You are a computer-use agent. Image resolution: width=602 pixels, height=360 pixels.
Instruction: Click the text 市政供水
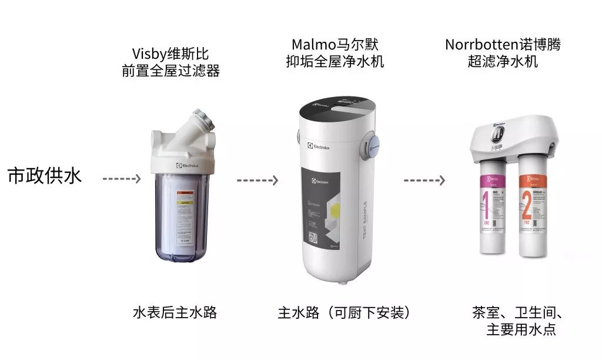coord(45,176)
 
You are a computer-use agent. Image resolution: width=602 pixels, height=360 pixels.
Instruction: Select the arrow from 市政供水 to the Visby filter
coord(122,178)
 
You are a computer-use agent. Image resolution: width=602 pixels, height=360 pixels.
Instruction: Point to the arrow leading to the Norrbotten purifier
coord(424,179)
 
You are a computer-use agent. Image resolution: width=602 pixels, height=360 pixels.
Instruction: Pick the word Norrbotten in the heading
coord(477,45)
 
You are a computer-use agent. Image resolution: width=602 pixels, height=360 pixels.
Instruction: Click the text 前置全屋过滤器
coord(170,71)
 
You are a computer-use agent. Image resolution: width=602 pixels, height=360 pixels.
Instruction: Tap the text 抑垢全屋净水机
coord(335,61)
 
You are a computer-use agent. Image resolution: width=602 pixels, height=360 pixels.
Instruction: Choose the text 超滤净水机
coord(503,61)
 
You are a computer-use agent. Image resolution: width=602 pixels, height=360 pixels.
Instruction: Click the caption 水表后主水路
coord(175,312)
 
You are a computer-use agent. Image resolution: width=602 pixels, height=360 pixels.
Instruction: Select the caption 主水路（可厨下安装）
coord(344,312)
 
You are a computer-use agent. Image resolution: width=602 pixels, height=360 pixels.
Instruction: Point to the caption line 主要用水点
coord(521,329)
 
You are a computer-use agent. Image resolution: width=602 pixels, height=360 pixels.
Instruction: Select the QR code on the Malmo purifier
coord(312,238)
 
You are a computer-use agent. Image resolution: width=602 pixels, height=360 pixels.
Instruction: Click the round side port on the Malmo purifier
coord(373,145)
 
